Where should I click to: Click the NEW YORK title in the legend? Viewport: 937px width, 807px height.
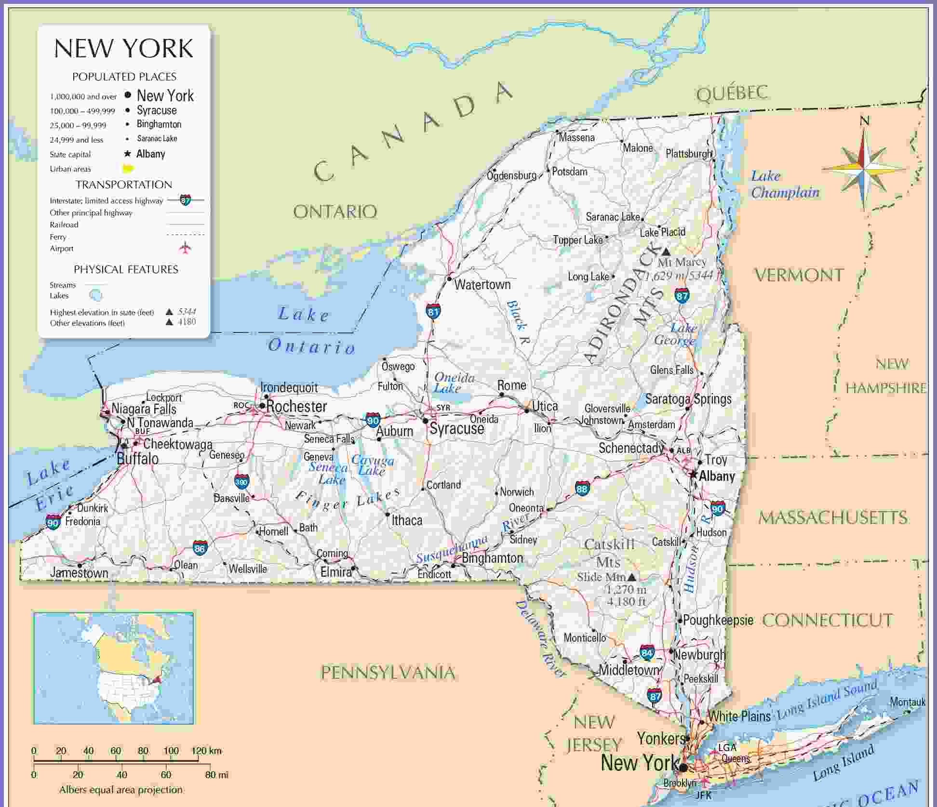pyautogui.click(x=123, y=48)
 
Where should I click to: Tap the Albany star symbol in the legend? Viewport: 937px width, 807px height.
pyautogui.click(x=128, y=154)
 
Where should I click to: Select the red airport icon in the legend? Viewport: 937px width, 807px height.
pyautogui.click(x=185, y=248)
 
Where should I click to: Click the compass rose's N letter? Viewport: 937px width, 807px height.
pyautogui.click(x=865, y=121)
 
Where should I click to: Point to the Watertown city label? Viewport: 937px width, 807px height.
pyautogui.click(x=482, y=285)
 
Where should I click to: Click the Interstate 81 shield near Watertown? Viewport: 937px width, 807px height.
pyautogui.click(x=433, y=312)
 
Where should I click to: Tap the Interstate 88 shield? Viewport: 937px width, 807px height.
pyautogui.click(x=582, y=489)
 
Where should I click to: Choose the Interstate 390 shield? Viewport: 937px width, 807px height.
pyautogui.click(x=241, y=481)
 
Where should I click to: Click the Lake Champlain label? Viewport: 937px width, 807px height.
pyautogui.click(x=785, y=185)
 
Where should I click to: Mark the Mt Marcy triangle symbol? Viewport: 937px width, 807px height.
pyautogui.click(x=666, y=251)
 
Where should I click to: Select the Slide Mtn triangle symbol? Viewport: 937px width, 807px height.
pyautogui.click(x=631, y=576)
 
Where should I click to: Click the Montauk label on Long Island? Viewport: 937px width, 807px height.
pyautogui.click(x=907, y=702)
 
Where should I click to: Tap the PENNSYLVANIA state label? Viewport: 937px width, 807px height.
pyautogui.click(x=388, y=673)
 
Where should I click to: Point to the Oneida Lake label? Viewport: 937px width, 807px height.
pyautogui.click(x=454, y=383)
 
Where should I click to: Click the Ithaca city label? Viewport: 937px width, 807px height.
pyautogui.click(x=407, y=520)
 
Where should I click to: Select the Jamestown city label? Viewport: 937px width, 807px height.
pyautogui.click(x=79, y=573)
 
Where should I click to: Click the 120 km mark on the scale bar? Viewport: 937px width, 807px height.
pyautogui.click(x=206, y=751)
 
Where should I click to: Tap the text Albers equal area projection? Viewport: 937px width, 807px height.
pyautogui.click(x=121, y=790)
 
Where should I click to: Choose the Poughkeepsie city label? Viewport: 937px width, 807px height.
pyautogui.click(x=718, y=620)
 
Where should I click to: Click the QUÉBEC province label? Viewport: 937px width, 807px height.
pyautogui.click(x=732, y=93)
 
